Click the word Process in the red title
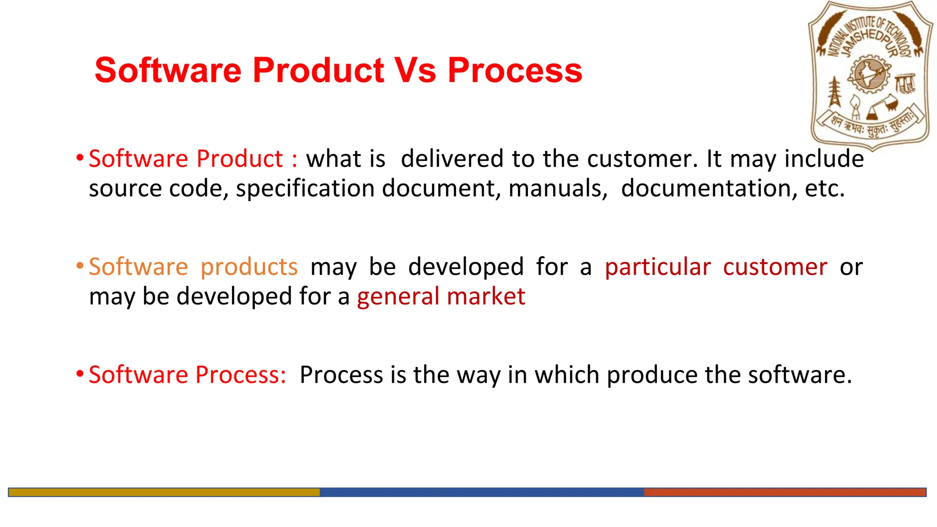(x=515, y=70)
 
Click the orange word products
(x=249, y=267)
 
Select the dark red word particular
(x=658, y=267)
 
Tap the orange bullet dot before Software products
(x=80, y=266)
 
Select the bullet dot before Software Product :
(x=80, y=158)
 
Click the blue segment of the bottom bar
(x=481, y=492)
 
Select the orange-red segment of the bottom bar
(x=785, y=492)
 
